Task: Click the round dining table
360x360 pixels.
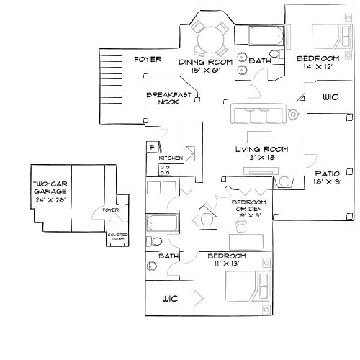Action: click(209, 35)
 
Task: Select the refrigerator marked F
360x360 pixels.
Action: click(151, 147)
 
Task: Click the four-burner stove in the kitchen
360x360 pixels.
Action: click(165, 170)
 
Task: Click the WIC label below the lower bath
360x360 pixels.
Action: click(170, 297)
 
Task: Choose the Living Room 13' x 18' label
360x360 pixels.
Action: click(256, 153)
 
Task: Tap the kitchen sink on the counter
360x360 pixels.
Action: click(192, 153)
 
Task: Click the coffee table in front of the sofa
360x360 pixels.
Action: click(257, 137)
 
